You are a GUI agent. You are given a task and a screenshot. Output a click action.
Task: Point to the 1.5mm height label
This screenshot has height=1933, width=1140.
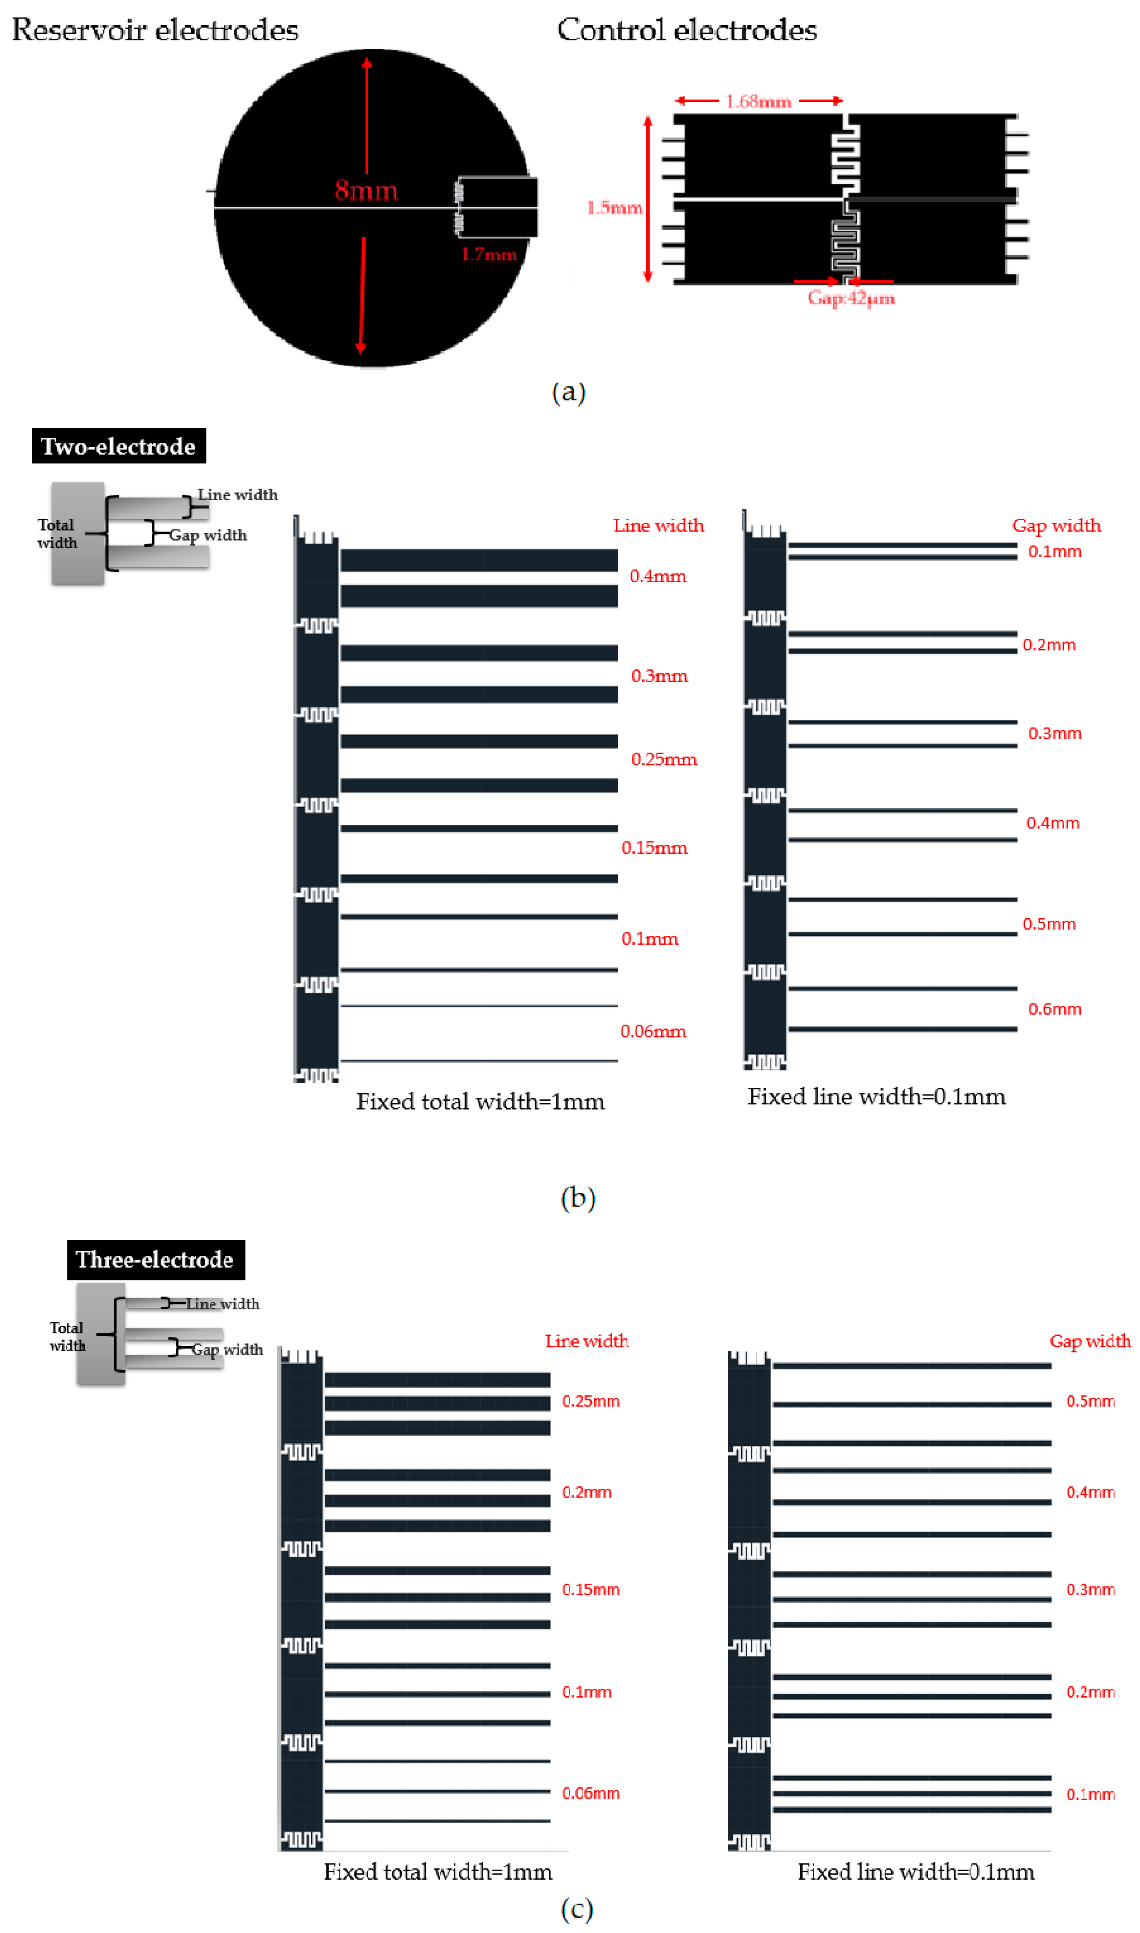click(x=614, y=207)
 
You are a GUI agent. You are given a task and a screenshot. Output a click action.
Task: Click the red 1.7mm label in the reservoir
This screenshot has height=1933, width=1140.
click(x=489, y=254)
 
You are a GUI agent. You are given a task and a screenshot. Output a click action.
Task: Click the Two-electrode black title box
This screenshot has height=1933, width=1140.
click(x=118, y=446)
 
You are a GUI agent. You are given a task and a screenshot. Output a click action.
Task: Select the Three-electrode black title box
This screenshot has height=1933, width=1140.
click(x=155, y=1259)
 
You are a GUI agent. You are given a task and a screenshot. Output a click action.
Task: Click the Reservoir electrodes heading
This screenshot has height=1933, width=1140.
click(x=155, y=30)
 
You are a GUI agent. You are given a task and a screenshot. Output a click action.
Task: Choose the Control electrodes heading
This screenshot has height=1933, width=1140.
click(x=687, y=30)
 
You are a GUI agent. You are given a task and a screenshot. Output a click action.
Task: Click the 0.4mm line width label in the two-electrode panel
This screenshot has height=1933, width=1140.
click(x=658, y=576)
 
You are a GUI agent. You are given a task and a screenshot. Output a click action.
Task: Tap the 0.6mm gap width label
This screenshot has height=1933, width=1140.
click(x=1054, y=1008)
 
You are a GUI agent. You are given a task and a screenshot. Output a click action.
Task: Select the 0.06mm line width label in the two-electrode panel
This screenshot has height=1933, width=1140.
click(x=653, y=1031)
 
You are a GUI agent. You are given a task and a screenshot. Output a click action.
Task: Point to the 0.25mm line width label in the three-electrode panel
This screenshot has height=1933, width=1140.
click(x=590, y=1401)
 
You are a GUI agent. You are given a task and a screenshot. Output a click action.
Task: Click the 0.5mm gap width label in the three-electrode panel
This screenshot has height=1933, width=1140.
click(x=1090, y=1401)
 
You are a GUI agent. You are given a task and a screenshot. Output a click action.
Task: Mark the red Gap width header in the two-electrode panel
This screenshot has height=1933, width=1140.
click(x=1056, y=525)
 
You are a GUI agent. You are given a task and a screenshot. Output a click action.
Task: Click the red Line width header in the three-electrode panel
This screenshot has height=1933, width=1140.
click(x=587, y=1341)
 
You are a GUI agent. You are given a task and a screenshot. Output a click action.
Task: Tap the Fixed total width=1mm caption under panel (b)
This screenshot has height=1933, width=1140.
click(x=480, y=1101)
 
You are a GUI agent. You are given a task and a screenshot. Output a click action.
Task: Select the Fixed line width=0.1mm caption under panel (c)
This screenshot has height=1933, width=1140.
click(x=916, y=1871)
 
